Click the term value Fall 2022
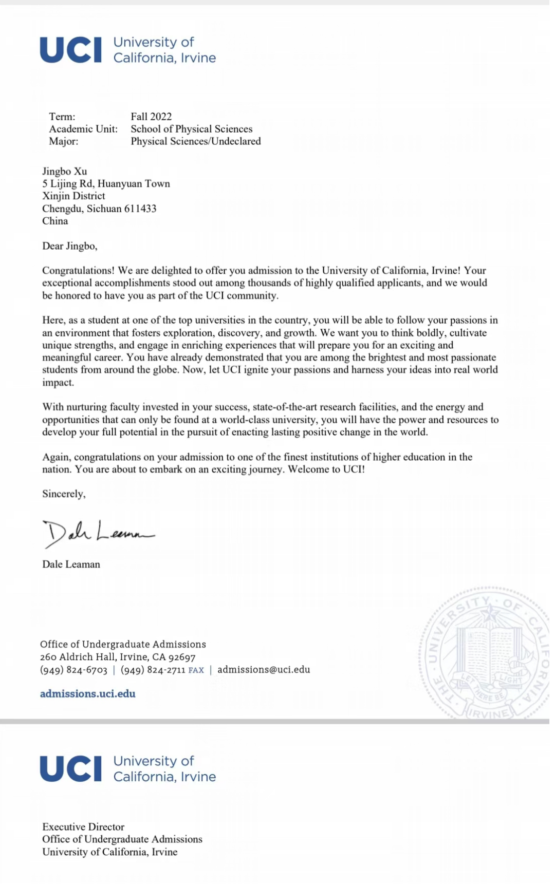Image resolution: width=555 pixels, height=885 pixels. click(151, 117)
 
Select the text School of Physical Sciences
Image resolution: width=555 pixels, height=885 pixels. click(191, 129)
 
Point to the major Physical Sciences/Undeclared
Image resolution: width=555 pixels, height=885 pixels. click(195, 141)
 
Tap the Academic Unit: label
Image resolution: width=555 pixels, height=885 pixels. click(83, 129)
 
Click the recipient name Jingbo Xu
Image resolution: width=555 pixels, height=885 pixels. click(65, 171)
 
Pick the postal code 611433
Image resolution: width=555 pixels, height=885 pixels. click(140, 209)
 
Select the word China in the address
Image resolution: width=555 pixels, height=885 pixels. click(55, 221)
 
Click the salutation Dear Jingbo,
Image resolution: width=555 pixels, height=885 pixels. click(69, 246)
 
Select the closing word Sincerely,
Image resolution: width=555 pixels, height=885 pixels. click(64, 494)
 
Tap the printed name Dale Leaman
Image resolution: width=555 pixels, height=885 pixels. click(71, 564)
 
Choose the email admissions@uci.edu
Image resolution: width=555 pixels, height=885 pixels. click(264, 670)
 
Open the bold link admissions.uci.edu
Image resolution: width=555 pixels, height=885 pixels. click(88, 694)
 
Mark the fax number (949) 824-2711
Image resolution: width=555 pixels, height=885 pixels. click(153, 670)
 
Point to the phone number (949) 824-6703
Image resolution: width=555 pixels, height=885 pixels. click(73, 670)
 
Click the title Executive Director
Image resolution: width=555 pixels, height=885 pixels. click(83, 827)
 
